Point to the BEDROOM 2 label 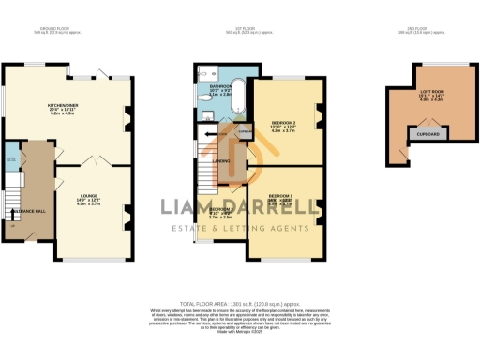pos(283,123)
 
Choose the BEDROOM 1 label pos(282,197)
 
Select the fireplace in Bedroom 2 pos(318,116)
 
